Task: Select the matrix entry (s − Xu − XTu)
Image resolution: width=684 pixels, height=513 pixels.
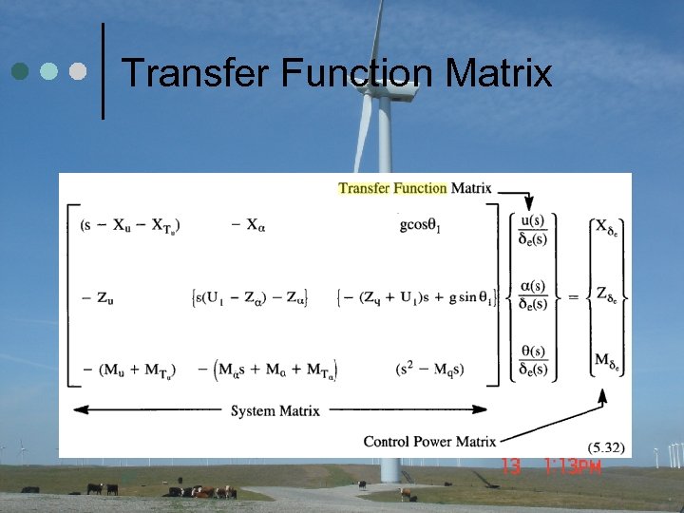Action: (x=130, y=225)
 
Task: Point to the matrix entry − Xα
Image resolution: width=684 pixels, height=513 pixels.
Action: (x=249, y=225)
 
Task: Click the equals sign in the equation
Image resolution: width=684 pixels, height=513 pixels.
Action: (x=574, y=297)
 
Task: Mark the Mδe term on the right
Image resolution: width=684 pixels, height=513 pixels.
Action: (x=609, y=360)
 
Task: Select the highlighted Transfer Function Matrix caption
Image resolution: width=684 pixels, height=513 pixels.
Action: (x=414, y=187)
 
